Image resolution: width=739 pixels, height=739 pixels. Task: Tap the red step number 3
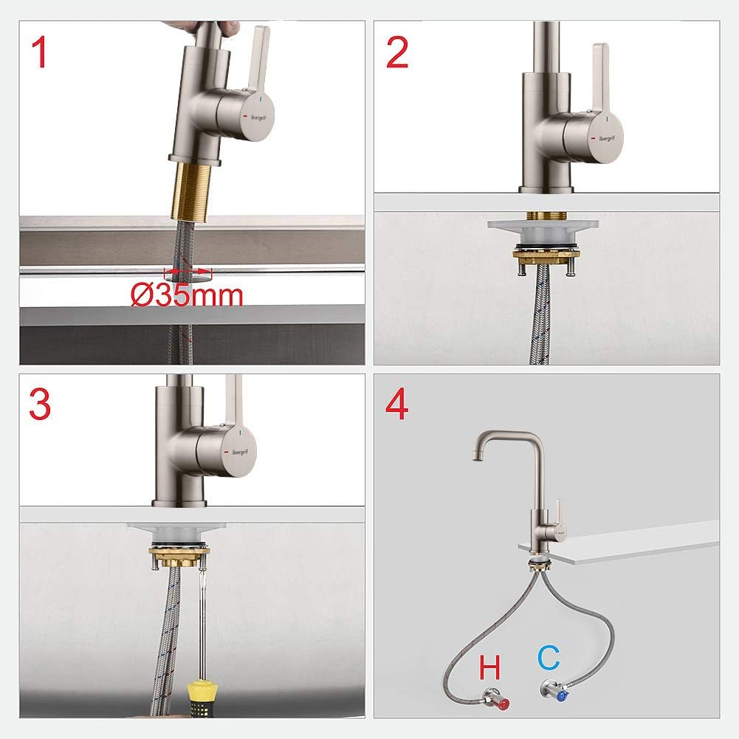[x=40, y=405]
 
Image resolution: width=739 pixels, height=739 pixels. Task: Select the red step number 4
[x=397, y=405]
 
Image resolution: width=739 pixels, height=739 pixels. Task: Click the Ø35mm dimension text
[x=187, y=295]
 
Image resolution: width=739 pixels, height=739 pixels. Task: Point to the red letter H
[x=489, y=669]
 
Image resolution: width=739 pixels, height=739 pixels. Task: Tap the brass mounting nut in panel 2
[x=547, y=255]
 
